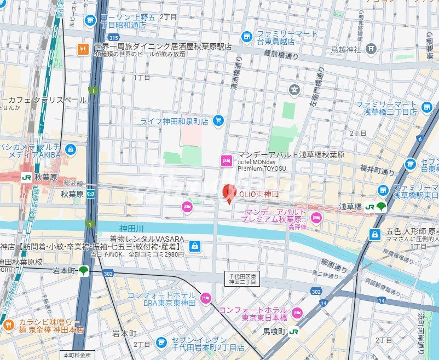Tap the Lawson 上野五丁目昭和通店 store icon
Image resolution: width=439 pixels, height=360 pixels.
(x=90, y=21)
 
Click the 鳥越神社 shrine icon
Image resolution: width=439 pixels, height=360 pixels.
(x=371, y=49)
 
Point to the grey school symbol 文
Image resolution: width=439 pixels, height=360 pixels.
(x=295, y=90)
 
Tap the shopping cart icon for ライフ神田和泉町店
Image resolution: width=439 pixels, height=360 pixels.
(x=218, y=120)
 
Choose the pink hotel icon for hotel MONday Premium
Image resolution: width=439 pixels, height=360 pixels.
(x=226, y=161)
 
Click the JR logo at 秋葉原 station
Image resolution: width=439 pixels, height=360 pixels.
(x=26, y=177)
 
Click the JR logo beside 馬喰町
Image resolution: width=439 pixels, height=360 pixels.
(x=294, y=331)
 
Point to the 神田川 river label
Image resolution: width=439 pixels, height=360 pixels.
(x=131, y=228)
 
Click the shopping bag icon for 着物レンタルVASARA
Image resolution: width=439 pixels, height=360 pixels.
(x=194, y=247)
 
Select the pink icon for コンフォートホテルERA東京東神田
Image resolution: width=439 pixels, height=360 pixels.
(x=206, y=298)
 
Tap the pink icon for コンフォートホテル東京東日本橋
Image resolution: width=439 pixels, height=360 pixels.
(x=297, y=313)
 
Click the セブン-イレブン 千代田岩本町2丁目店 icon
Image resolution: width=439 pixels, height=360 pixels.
(x=161, y=342)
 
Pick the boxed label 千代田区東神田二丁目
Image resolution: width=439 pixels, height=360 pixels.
(x=241, y=278)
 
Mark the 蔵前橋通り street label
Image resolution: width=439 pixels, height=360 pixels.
(x=281, y=54)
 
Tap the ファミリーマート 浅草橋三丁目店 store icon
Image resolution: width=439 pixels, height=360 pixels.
(x=427, y=107)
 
